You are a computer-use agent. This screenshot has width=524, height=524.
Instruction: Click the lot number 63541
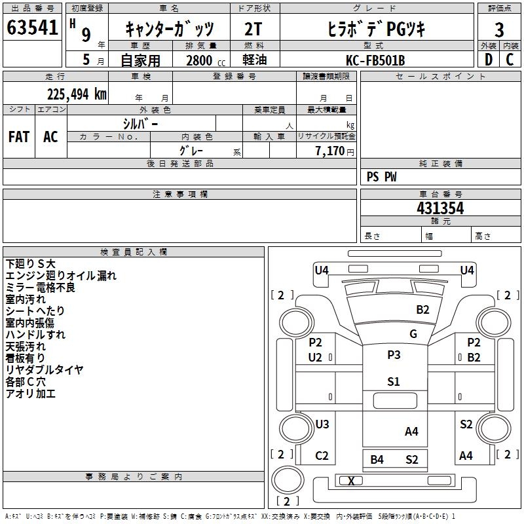click(x=32, y=28)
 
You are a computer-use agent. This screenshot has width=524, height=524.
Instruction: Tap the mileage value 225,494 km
click(x=77, y=94)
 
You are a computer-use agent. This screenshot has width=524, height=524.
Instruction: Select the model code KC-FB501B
click(x=375, y=60)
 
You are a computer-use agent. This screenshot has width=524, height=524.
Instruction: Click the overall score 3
click(x=499, y=29)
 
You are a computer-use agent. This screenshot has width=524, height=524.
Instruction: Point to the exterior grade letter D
click(x=489, y=60)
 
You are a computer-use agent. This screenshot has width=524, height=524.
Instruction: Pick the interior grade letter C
click(x=510, y=60)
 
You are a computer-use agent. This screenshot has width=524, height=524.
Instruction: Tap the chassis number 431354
click(x=440, y=208)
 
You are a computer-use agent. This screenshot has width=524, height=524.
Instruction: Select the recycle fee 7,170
click(x=330, y=151)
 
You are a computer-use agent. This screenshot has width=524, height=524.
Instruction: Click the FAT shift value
click(x=19, y=137)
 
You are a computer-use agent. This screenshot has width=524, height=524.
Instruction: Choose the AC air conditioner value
click(x=50, y=137)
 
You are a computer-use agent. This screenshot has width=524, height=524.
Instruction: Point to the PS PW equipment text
click(x=381, y=176)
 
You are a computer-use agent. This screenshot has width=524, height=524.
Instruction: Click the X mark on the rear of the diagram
click(x=351, y=481)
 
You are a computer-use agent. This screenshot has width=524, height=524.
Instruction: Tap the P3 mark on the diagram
click(x=394, y=354)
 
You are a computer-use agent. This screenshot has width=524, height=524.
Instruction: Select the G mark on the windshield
click(x=413, y=333)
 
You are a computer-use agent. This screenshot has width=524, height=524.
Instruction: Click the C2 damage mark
click(x=322, y=455)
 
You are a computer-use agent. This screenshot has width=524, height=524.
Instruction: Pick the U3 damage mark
click(x=322, y=424)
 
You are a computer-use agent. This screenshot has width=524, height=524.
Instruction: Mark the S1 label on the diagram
click(x=394, y=381)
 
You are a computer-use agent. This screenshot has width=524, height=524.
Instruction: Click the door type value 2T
click(x=253, y=29)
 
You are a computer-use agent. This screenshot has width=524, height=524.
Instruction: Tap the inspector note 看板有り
click(x=25, y=358)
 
